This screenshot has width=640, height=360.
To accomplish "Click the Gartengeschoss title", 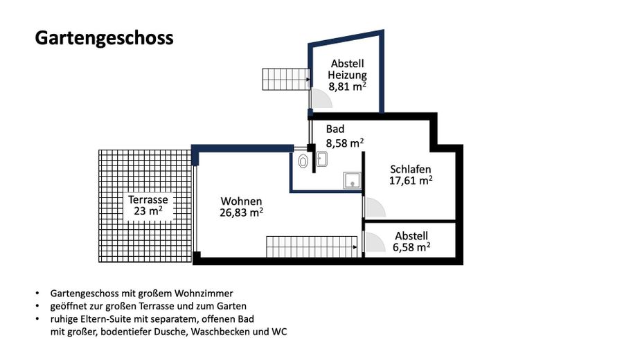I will tap(104, 37).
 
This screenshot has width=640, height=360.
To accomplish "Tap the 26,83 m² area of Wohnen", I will tap(241, 213).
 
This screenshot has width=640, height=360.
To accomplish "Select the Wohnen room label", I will tap(241, 201).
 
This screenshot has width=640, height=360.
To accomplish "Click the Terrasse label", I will tap(148, 199).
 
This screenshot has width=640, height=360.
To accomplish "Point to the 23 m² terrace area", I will tap(148, 211).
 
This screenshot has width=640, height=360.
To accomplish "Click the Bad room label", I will tap(335, 129).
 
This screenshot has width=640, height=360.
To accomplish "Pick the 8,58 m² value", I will tap(345, 143).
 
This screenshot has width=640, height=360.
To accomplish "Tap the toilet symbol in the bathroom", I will tap(303, 161).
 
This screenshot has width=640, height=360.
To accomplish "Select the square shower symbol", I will tap(352, 180).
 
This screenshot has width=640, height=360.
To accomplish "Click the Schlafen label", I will tap(411, 169).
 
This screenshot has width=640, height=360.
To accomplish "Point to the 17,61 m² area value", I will tap(411, 181).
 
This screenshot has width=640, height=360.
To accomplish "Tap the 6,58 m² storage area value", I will tap(411, 246).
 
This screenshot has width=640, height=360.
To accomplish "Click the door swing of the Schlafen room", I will tap(374, 208).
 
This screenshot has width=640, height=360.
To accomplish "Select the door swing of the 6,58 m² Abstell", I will tap(374, 242).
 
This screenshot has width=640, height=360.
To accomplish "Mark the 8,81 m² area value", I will tap(348, 87).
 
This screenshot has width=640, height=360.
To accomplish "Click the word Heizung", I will tap(348, 75).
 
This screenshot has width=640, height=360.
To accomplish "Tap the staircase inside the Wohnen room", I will tap(311, 246).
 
